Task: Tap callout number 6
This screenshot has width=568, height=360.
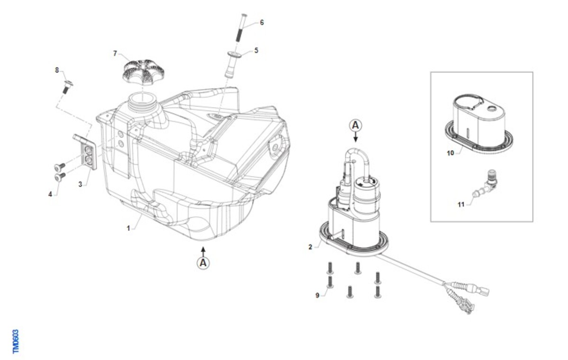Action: click(262, 23)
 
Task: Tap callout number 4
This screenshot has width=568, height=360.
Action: click(50, 194)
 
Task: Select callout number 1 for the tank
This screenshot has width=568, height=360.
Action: click(128, 228)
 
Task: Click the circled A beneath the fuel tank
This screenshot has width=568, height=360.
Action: click(203, 263)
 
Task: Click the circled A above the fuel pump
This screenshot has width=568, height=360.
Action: click(355, 126)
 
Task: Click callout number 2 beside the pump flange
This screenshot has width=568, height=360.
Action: click(311, 247)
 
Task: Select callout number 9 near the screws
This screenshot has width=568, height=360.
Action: click(317, 295)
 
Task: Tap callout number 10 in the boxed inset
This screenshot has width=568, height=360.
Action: click(450, 153)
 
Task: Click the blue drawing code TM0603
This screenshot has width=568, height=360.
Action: click(16, 342)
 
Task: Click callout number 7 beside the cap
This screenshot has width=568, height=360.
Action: click(115, 54)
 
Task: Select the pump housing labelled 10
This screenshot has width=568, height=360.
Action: click(479, 124)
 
